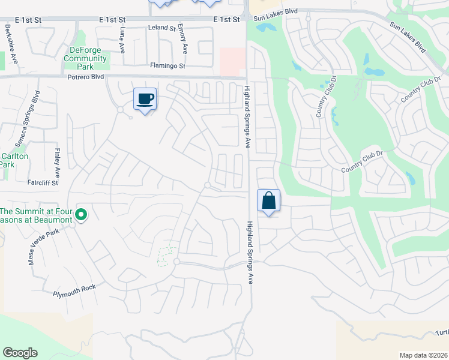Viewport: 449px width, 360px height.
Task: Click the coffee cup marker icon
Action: pyautogui.click(x=145, y=98)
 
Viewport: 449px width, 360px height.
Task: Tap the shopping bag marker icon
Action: pyautogui.click(x=269, y=200)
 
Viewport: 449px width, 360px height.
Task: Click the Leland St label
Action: pyautogui.click(x=162, y=28)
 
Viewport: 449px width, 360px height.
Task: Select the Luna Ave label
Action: pyautogui.click(x=123, y=40)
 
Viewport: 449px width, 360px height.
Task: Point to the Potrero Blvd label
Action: pyautogui.click(x=86, y=77)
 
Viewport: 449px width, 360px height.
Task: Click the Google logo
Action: pyautogui.click(x=20, y=353)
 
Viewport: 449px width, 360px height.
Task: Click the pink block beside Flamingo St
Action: pyautogui.click(x=232, y=62)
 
